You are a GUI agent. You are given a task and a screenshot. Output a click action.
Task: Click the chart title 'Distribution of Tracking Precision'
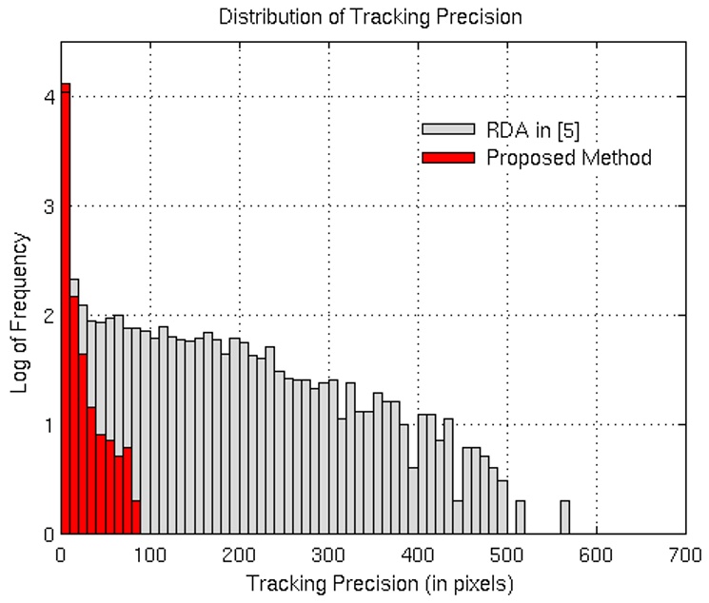point(370,17)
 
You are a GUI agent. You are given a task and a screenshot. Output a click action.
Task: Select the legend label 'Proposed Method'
point(568,157)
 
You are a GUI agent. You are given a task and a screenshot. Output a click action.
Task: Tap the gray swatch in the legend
point(446,130)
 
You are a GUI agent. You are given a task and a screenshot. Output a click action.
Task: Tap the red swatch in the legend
point(446,157)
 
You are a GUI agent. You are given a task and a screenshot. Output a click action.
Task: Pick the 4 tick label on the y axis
point(47,97)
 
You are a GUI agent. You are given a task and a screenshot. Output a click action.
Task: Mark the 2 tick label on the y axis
point(47,316)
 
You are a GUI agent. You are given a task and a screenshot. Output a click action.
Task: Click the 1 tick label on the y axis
point(47,425)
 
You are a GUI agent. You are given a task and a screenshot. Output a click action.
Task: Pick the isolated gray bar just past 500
point(521,518)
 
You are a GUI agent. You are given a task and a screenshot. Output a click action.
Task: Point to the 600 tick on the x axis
point(597,534)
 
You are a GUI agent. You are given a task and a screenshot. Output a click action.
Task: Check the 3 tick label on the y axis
point(47,206)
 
